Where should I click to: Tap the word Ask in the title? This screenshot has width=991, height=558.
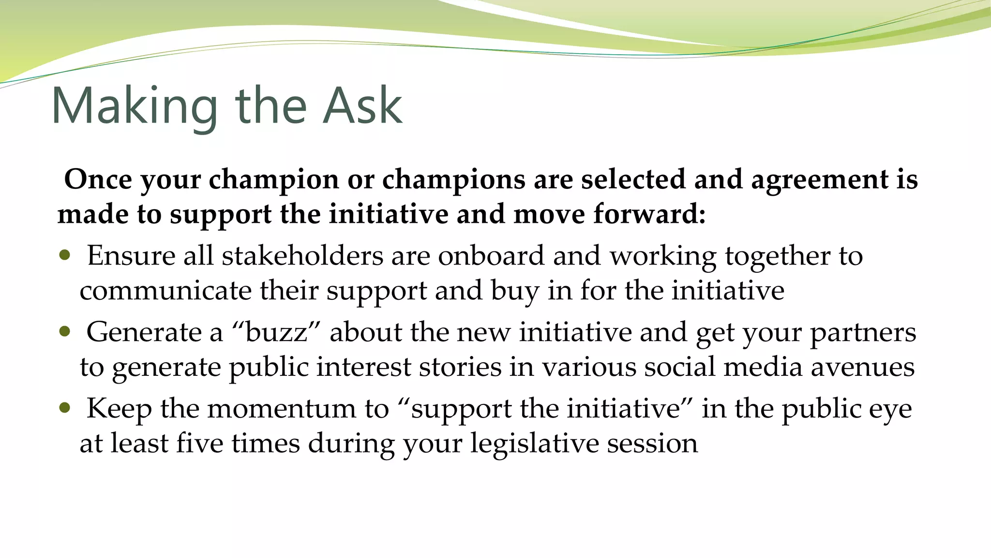(x=362, y=106)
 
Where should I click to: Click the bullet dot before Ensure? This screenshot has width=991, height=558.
(x=64, y=255)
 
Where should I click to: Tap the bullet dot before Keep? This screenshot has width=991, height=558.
(x=64, y=408)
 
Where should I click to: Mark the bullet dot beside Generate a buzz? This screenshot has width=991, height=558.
(x=64, y=332)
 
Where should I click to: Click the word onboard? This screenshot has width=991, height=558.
(x=491, y=256)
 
